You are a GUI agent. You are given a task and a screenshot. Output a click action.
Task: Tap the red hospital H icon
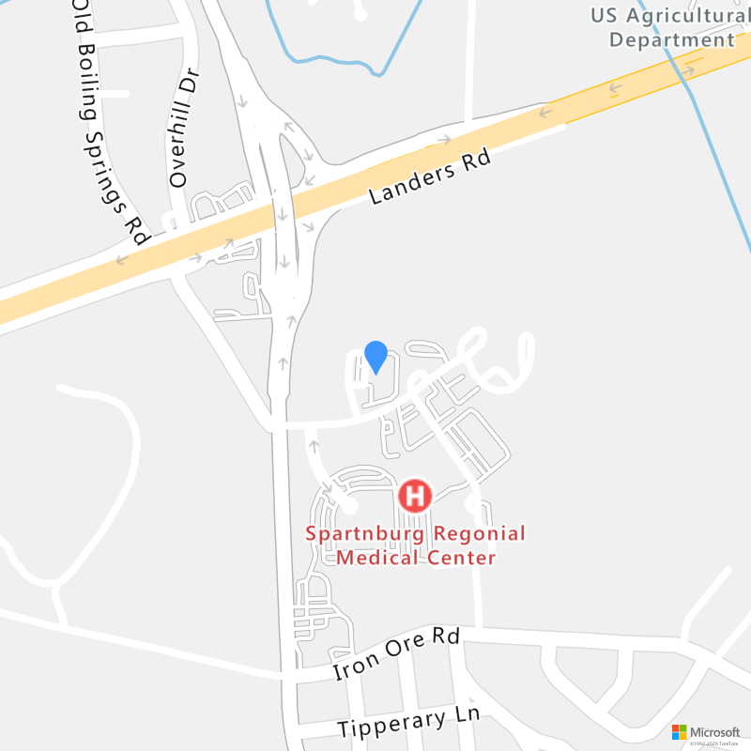click(x=415, y=495)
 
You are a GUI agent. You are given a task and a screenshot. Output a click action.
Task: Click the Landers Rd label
click(x=431, y=178)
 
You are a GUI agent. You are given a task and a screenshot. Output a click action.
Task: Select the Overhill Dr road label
click(x=181, y=128)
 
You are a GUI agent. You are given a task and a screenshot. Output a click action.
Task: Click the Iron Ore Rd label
click(x=396, y=654)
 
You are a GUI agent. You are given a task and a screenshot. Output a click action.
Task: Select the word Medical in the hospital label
click(x=379, y=558)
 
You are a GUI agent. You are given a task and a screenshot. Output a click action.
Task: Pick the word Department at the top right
click(x=671, y=39)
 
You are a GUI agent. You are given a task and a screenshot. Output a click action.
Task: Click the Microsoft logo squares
click(x=680, y=731)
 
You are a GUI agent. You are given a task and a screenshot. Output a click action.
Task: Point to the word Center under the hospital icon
click(x=461, y=558)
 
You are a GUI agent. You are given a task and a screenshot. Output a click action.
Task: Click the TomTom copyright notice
click(x=718, y=744)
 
